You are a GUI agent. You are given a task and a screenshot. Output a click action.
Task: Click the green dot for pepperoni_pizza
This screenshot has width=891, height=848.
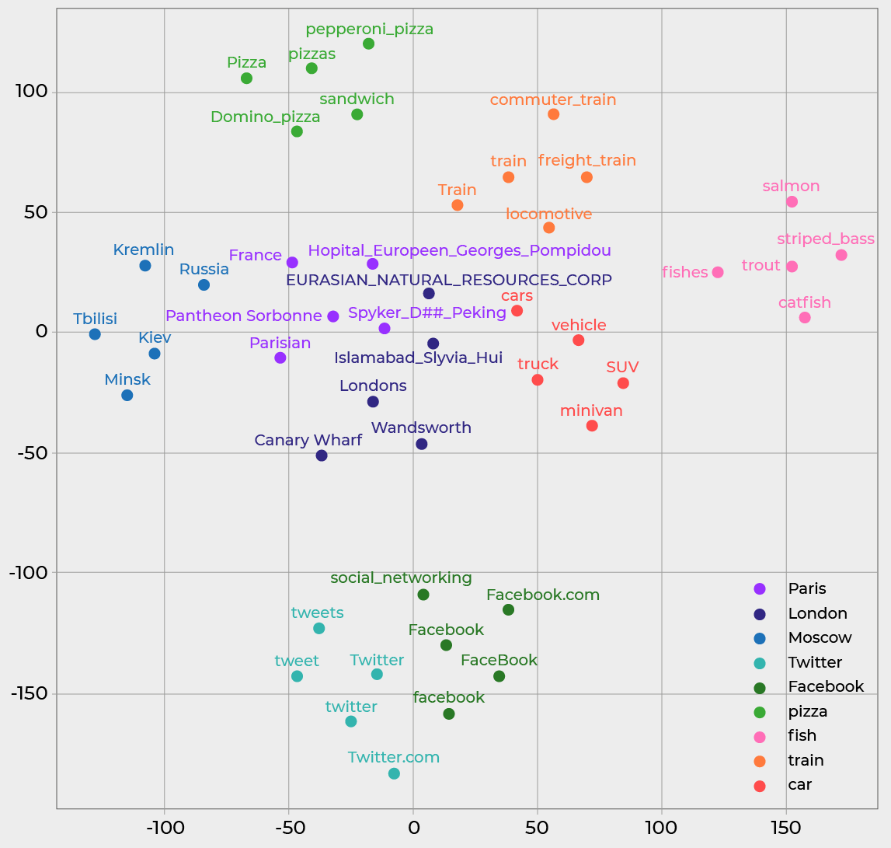[368, 44]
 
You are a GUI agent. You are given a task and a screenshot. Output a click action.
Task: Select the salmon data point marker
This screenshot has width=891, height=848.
[792, 202]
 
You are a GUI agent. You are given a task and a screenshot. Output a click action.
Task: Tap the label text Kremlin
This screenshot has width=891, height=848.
[144, 250]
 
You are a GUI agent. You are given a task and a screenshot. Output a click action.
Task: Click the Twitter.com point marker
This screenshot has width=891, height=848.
[394, 773]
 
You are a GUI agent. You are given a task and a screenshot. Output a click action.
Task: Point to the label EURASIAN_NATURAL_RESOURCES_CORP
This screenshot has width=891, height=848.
[448, 280]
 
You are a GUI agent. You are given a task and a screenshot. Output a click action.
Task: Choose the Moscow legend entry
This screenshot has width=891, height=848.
[820, 638]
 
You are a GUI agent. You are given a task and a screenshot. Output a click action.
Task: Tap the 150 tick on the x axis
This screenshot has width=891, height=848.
[786, 824]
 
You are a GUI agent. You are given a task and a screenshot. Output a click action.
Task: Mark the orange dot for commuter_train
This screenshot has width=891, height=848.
[553, 114]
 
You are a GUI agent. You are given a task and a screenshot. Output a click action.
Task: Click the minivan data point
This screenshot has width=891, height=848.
[592, 426]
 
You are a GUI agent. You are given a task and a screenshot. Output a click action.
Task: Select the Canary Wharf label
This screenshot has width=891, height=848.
[308, 441]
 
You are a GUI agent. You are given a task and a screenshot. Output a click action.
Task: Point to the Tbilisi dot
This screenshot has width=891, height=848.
[95, 334]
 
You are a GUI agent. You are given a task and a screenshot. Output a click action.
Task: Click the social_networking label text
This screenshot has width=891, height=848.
[401, 578]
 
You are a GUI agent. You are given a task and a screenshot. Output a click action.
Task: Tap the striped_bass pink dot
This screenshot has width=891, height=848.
[841, 255]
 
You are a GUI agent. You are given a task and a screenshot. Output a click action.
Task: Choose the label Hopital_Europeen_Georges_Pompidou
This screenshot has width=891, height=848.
[459, 251]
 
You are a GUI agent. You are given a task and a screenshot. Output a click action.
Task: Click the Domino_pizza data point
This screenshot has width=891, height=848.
[297, 131]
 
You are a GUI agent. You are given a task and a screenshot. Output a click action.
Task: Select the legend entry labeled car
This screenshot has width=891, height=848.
[799, 785]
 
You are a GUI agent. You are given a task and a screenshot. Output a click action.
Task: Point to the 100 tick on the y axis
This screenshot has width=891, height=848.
[32, 92]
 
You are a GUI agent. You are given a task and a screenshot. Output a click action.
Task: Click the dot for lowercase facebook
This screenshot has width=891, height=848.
[449, 714]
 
